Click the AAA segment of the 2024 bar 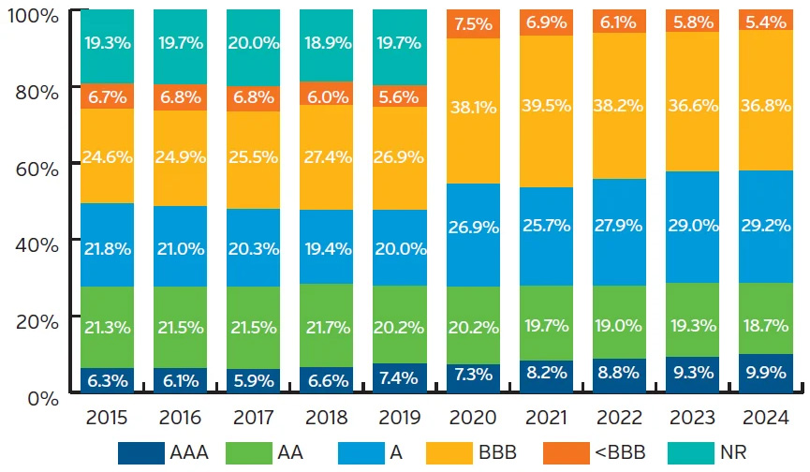(x=766, y=374)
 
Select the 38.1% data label (x=474, y=107)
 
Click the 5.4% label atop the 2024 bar (x=766, y=21)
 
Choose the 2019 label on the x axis (x=401, y=415)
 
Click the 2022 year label (x=620, y=415)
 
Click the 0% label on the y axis (x=41, y=398)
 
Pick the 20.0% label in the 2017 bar (x=255, y=45)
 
